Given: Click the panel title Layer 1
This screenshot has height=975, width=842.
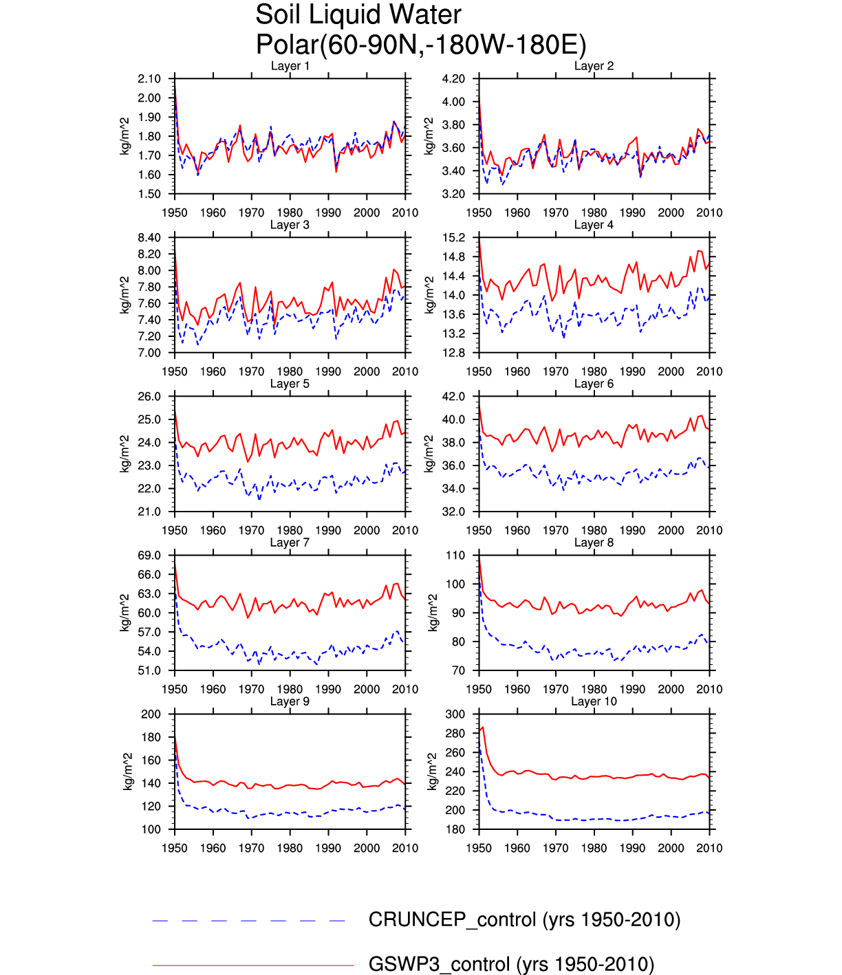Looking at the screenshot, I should [290, 66].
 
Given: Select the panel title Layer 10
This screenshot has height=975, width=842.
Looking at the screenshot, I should [594, 701].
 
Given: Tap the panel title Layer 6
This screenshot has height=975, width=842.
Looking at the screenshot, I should [594, 384].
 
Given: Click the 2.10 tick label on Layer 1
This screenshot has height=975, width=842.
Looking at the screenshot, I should [149, 79].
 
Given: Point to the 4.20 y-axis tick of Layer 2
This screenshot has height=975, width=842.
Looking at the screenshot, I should [453, 79].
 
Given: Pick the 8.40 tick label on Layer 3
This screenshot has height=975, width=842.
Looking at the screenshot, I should [149, 238].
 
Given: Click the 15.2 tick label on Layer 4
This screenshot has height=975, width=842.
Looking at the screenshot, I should [453, 238].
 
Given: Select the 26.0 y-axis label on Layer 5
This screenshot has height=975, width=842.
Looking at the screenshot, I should [149, 397].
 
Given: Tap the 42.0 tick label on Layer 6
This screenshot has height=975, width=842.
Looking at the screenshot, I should [453, 397].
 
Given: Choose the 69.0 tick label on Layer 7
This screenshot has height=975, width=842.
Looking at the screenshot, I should [149, 556].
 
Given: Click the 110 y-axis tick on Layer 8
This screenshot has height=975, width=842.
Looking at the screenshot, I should [456, 556].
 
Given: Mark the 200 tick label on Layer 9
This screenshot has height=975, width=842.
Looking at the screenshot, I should [151, 714].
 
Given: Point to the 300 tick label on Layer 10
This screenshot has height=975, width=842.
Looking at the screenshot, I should [456, 714].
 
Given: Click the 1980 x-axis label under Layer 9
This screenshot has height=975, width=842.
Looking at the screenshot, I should [290, 848].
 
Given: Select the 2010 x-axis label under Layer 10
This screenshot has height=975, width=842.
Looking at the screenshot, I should [709, 848].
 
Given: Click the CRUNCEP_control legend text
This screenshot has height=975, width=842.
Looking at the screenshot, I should [524, 920].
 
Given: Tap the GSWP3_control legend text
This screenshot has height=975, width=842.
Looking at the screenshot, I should [511, 964].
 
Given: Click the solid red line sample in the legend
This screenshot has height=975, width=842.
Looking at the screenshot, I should [252, 965].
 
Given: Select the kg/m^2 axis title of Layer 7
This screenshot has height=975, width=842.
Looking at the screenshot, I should [125, 613].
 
